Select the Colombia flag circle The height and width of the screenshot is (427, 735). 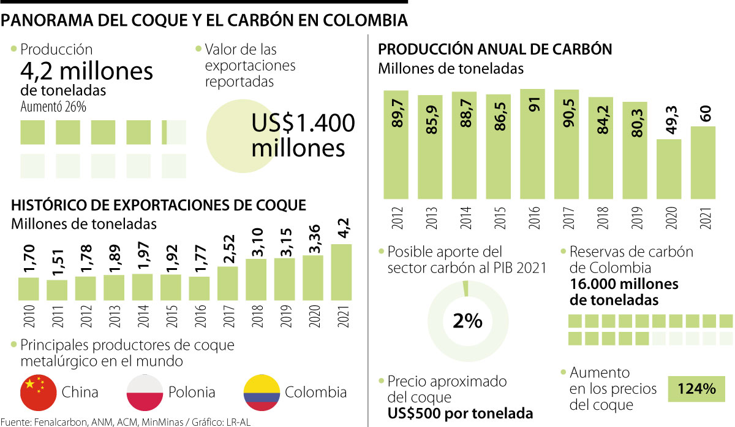point(262,392)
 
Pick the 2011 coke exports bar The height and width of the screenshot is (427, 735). point(57,290)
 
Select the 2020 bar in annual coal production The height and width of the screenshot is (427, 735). point(668,169)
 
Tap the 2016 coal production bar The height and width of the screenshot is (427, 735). point(532,144)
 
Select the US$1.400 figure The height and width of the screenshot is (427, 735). point(303,123)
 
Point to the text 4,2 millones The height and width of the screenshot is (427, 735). point(86,71)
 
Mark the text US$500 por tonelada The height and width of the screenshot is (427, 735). point(460,413)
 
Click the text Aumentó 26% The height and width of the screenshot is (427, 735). point(53,106)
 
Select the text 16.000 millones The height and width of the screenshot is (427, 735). point(624,284)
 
